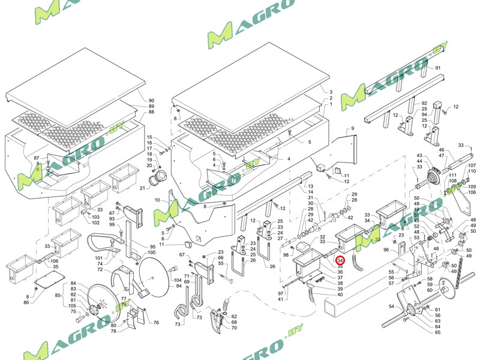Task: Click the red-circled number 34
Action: [340, 261]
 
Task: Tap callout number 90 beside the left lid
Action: [151, 100]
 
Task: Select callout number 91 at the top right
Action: [437, 68]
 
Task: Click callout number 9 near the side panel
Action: [353, 129]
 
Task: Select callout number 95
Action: [152, 247]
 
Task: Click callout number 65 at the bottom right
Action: [437, 332]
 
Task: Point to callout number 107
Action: [472, 165]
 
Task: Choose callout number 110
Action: [472, 171]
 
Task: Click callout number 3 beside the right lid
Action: [331, 92]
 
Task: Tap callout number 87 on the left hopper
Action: [37, 157]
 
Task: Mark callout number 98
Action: [287, 256]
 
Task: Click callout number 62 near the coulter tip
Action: [234, 316]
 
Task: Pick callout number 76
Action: [156, 323]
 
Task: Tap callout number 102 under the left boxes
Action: [95, 223]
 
